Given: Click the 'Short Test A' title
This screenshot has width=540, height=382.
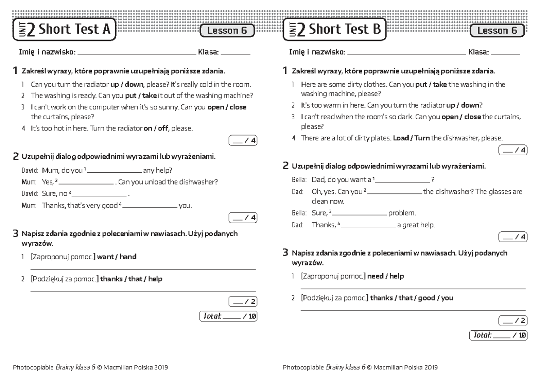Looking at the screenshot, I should [x=74, y=30].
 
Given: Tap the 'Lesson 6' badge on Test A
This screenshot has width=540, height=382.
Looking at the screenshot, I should [x=227, y=31].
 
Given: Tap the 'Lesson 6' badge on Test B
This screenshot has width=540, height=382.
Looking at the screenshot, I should [x=497, y=31].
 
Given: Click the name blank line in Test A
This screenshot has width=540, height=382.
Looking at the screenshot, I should [x=137, y=54].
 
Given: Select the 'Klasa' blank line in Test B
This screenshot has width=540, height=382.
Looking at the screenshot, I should [x=505, y=54].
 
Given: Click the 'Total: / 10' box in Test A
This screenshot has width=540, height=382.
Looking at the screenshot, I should [x=228, y=316].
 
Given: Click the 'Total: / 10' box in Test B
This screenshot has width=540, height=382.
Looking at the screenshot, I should [x=498, y=335].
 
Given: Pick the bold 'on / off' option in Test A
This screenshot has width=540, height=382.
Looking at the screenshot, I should [x=155, y=129].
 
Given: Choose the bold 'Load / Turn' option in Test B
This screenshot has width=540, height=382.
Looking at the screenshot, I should [x=411, y=138].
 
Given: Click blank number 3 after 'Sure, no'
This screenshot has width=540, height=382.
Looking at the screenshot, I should [x=100, y=196].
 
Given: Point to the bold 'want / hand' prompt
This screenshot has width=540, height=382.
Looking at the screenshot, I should [x=117, y=256].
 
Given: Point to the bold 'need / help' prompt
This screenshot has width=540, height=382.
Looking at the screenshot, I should [x=385, y=276].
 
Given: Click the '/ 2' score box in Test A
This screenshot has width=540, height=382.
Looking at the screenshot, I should [x=243, y=301].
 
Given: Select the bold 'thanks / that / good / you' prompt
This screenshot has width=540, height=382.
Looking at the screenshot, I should [x=411, y=298].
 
